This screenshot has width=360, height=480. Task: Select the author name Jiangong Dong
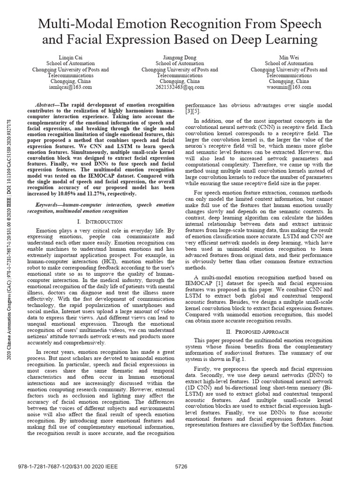[x=180, y=57]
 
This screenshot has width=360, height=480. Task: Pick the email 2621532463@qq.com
[x=180, y=87]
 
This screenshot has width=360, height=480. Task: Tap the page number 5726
[x=181, y=467]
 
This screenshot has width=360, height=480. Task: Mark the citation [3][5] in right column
[x=194, y=112]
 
